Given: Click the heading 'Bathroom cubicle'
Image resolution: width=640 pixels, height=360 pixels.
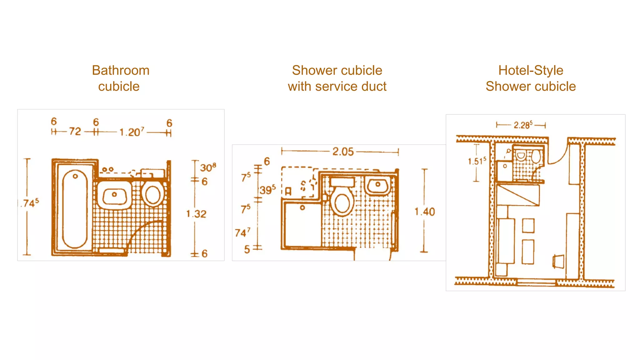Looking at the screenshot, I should coord(120,78).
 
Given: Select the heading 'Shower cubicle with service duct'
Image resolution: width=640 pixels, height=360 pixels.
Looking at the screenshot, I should coord(337,78).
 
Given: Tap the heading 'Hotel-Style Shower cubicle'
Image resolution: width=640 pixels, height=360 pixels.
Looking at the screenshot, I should coord(531,78).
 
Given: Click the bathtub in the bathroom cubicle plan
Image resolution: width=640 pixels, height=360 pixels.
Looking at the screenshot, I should coord(75,209).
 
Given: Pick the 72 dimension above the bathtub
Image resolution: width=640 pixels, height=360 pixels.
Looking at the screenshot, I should coord(75,131).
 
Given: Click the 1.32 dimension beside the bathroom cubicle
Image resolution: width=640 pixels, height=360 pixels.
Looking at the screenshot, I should coord(196,214).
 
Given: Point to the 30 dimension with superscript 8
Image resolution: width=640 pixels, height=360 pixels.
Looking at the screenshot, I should coord(207,167).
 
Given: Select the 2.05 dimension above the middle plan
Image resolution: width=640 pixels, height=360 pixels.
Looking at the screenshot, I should coord(343,152).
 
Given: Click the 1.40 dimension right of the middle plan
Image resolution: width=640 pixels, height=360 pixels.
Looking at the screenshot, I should coord(425,212).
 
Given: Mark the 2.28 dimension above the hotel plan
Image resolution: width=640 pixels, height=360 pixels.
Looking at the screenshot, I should coord(523,125).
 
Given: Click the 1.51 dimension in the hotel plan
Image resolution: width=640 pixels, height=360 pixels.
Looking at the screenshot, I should coord(477,161).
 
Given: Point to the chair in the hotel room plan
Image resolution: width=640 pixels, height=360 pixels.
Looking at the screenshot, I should coord(558,262).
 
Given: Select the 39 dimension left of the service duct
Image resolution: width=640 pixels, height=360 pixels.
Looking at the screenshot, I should coord(267,190).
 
